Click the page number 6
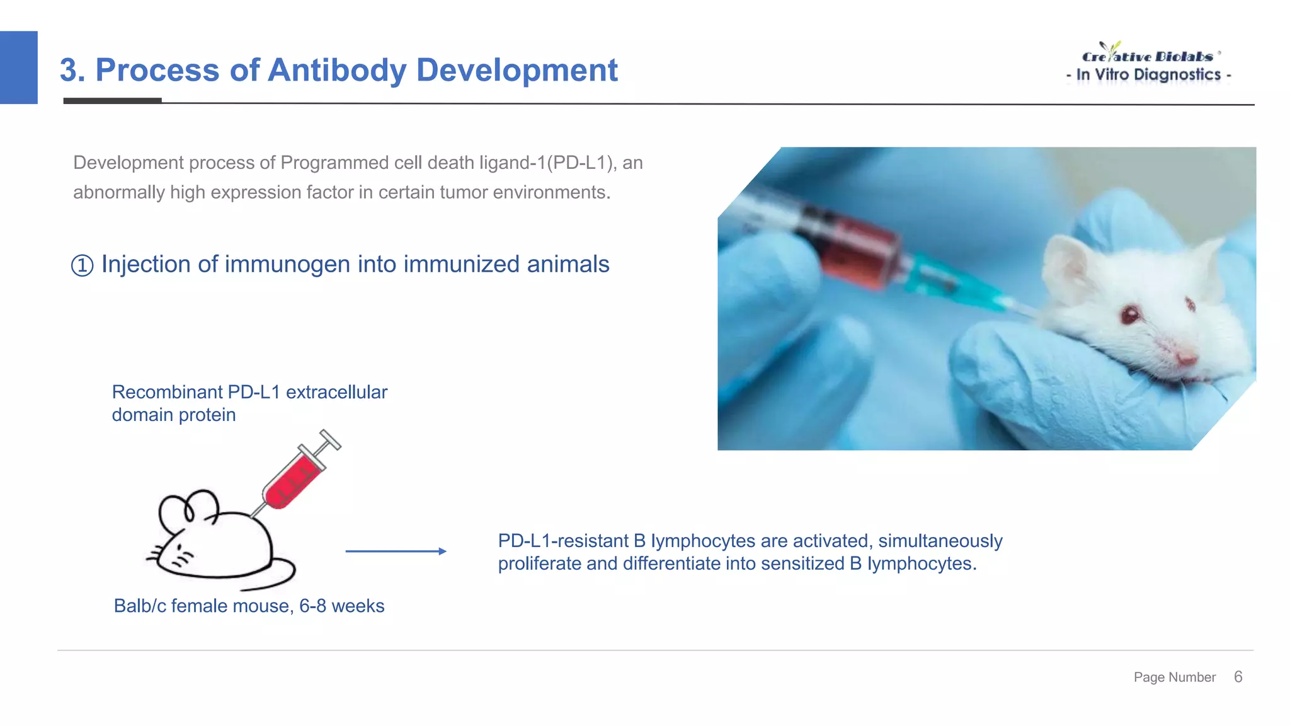click(1238, 677)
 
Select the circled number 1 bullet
click(82, 265)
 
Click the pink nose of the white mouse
click(1187, 359)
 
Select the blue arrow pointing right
click(396, 551)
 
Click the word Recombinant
click(167, 392)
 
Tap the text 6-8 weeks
click(341, 606)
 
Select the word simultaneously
click(940, 541)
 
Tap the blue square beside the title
click(18, 67)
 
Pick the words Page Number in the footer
click(1174, 677)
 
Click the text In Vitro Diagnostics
click(1148, 75)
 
